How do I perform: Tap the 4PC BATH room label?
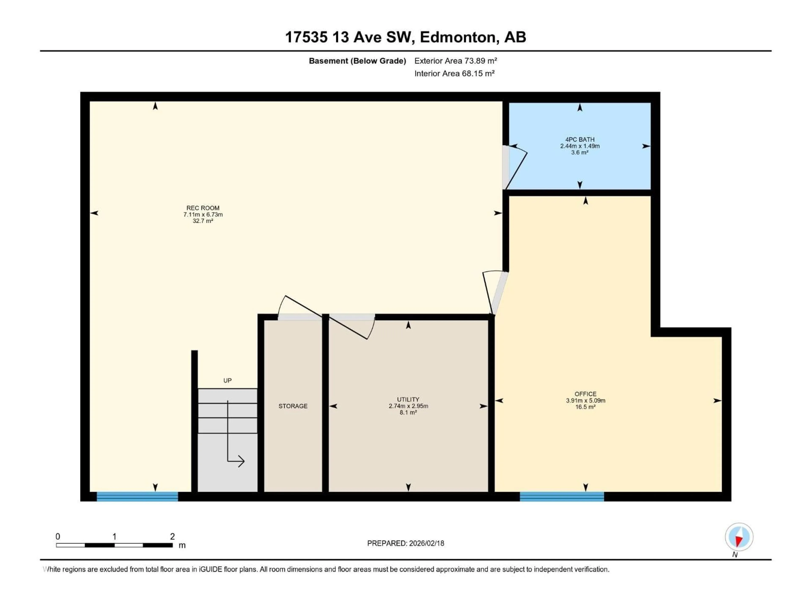580,140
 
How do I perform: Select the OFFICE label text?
586,394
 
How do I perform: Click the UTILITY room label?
408,399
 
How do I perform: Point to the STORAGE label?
293,406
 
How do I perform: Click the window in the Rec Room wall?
137,496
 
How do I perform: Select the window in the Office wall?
562,496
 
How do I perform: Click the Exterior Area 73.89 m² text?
455,61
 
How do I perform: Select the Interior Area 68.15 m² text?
454,73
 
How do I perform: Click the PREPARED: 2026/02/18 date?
406,543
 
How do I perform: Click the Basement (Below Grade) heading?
357,61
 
